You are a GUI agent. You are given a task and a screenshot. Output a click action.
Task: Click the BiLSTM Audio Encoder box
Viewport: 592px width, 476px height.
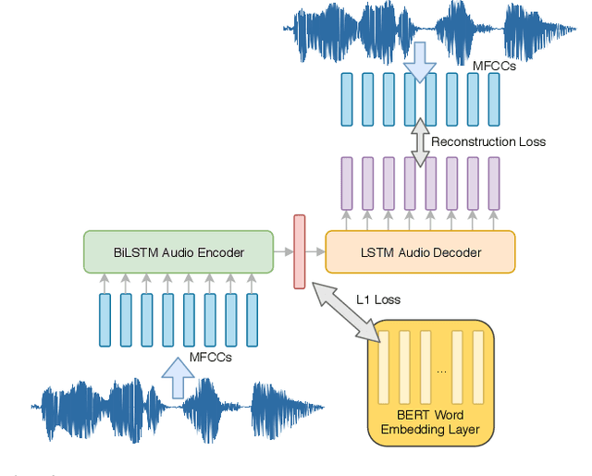(179, 252)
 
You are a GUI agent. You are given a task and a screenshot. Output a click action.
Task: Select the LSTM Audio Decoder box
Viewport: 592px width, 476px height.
(420, 252)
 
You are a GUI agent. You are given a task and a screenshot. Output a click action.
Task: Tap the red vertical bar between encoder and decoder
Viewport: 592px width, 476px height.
(299, 251)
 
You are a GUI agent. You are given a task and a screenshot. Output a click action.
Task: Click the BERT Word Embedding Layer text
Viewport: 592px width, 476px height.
(431, 421)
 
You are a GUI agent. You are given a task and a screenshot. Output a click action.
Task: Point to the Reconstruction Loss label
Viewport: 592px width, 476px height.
(488, 141)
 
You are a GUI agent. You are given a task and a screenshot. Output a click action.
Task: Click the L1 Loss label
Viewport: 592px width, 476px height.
(378, 299)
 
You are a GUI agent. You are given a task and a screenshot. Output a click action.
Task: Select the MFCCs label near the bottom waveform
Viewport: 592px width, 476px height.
(211, 357)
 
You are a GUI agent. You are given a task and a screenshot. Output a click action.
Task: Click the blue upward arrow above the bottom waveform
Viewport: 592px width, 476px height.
(179, 369)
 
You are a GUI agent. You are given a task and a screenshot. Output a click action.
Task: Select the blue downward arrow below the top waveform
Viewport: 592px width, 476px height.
(420, 61)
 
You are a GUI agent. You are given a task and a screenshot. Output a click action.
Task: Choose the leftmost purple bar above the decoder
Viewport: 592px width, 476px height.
(347, 184)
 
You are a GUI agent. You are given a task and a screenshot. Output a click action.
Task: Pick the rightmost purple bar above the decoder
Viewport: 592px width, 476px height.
(494, 184)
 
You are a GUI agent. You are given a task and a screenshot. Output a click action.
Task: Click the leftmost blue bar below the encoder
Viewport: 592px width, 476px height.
(105, 320)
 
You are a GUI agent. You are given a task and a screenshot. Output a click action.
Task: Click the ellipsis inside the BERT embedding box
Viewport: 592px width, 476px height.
(441, 371)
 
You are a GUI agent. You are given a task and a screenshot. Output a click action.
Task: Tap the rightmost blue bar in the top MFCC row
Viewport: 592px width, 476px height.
(494, 99)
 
